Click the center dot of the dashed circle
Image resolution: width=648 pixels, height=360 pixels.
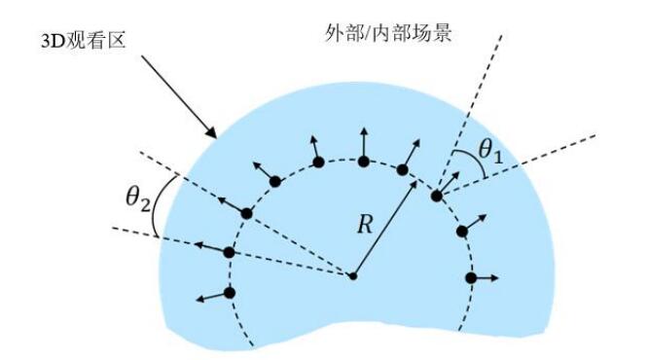coord(353,276)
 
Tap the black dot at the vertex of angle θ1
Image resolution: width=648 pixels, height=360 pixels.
coord(437,195)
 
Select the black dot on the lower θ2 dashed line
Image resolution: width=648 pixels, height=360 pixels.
coord(229,253)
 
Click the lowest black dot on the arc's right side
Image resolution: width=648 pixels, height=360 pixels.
coord(471,278)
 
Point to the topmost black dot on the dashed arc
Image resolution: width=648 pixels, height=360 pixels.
coord(363,161)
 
